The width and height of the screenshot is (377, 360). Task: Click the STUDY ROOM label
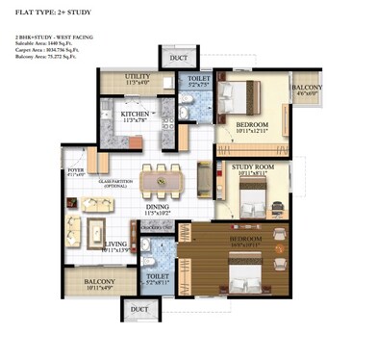pyautogui.click(x=253, y=168)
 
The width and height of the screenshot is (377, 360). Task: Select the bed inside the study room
pyautogui.click(x=252, y=202)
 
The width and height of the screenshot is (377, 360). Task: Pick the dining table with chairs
pyautogui.click(x=159, y=181)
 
